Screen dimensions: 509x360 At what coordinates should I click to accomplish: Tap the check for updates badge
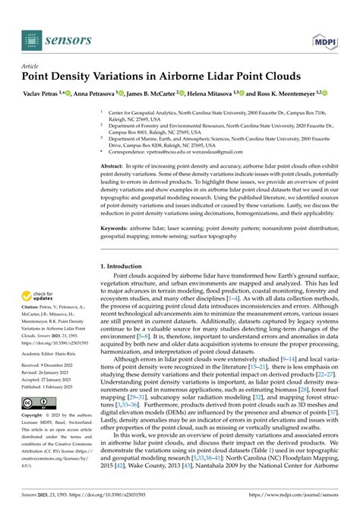point(39,298)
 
